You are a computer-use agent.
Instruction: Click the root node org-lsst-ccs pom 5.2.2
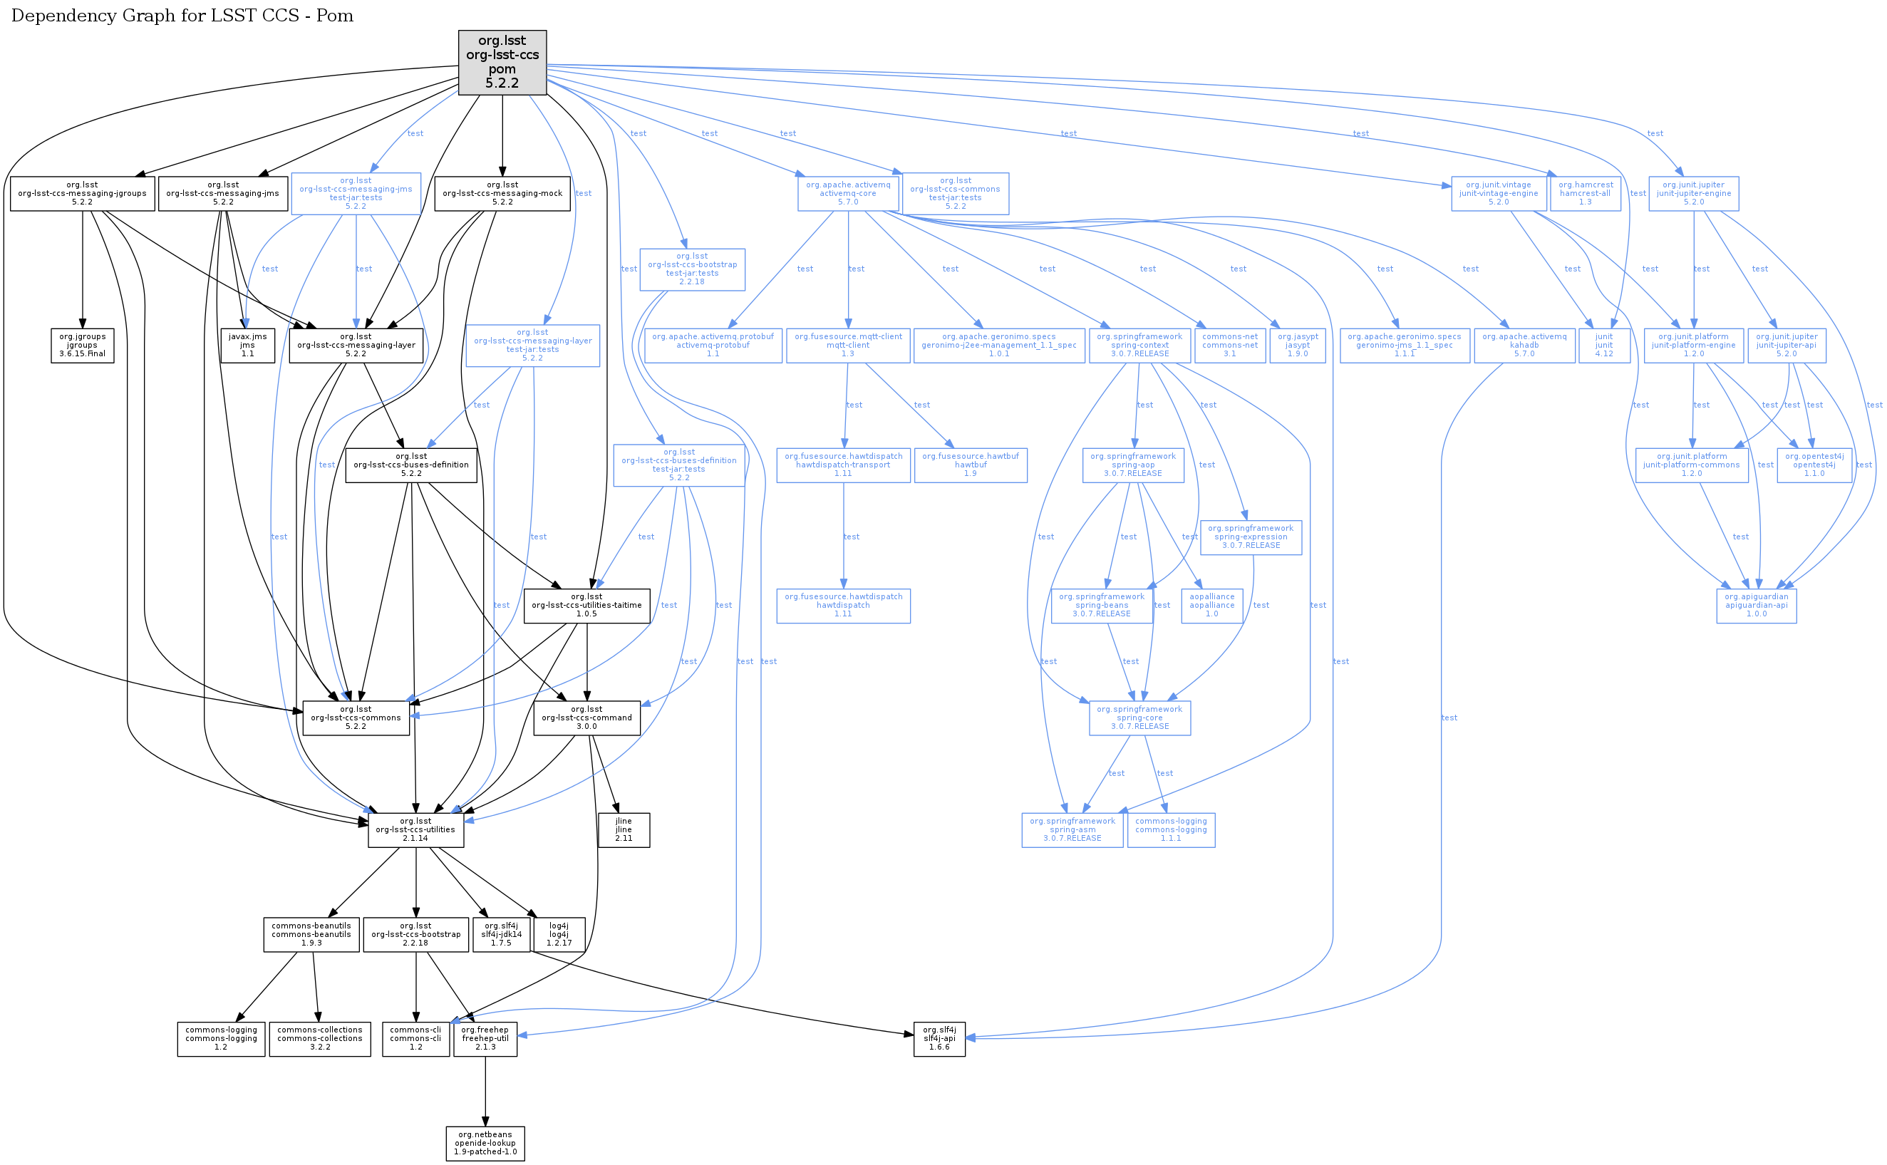(502, 63)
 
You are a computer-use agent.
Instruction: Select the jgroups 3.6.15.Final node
(82, 345)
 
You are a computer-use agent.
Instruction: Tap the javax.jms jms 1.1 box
(247, 345)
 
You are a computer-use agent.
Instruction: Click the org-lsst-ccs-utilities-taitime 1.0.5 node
(586, 606)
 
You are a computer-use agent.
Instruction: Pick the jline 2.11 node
(624, 830)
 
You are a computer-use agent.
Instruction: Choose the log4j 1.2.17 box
(559, 934)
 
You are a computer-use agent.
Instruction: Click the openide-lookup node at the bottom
(485, 1144)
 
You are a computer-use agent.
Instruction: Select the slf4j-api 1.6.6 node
(939, 1039)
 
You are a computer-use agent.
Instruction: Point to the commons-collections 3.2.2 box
(320, 1039)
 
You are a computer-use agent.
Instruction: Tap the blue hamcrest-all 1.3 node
(1585, 193)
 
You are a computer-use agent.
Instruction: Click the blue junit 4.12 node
(1603, 345)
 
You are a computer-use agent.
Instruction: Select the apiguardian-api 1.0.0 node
(1756, 606)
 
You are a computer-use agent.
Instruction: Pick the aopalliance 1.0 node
(1211, 606)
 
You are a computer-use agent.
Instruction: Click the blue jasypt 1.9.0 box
(1298, 345)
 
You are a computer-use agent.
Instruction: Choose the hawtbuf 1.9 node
(970, 465)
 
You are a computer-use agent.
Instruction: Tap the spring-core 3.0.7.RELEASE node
(1139, 718)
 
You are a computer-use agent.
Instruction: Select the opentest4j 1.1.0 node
(1814, 465)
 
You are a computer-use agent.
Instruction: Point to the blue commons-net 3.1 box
(1229, 345)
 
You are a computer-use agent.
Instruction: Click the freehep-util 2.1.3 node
(485, 1039)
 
